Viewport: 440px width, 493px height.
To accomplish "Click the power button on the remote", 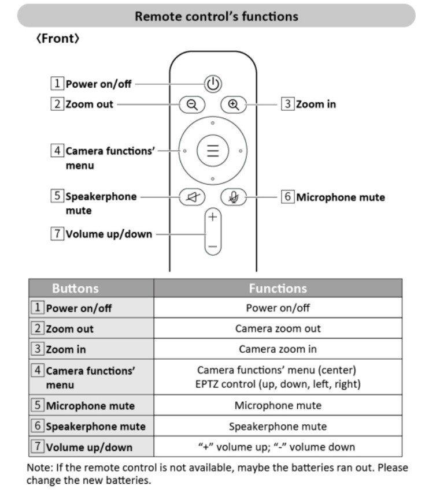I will pyautogui.click(x=213, y=84).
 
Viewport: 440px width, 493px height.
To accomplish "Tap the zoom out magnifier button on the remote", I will pyautogui.click(x=191, y=104).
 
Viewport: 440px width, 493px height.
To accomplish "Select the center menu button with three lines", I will pyautogui.click(x=213, y=151).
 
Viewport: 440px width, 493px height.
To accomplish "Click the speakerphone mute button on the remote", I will pyautogui.click(x=191, y=197).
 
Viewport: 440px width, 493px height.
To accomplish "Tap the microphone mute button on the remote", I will pyautogui.click(x=234, y=197).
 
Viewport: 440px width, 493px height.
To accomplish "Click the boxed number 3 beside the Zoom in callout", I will pyautogui.click(x=287, y=104).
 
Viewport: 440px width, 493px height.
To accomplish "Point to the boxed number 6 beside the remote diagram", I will pyautogui.click(x=287, y=197).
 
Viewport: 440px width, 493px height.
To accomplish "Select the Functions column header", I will pyautogui.click(x=278, y=287).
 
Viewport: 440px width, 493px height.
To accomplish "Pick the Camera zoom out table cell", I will pyautogui.click(x=278, y=328).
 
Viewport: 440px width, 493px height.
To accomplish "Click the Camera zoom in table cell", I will pyautogui.click(x=278, y=349).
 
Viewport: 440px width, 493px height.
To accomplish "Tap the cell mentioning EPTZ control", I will pyautogui.click(x=278, y=384).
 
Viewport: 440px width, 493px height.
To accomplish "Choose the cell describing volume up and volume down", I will pyautogui.click(x=278, y=446).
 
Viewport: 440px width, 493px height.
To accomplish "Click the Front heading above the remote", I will pyautogui.click(x=57, y=40).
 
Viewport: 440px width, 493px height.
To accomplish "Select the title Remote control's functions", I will pyautogui.click(x=216, y=16).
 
